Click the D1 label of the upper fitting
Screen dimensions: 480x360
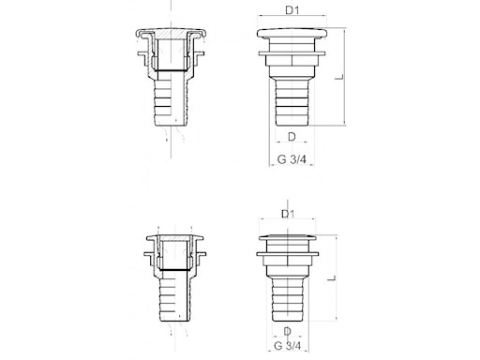[292, 10]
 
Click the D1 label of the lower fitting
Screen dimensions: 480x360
[288, 214]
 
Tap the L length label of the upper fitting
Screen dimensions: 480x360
[339, 77]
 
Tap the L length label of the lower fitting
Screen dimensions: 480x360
[331, 278]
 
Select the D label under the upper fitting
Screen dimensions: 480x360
[292, 137]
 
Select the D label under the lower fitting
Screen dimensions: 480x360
[287, 331]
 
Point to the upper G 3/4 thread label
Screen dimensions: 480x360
[292, 159]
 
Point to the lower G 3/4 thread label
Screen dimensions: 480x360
[288, 346]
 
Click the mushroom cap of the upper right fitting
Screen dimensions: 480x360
[292, 34]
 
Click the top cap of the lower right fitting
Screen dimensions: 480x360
[288, 238]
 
